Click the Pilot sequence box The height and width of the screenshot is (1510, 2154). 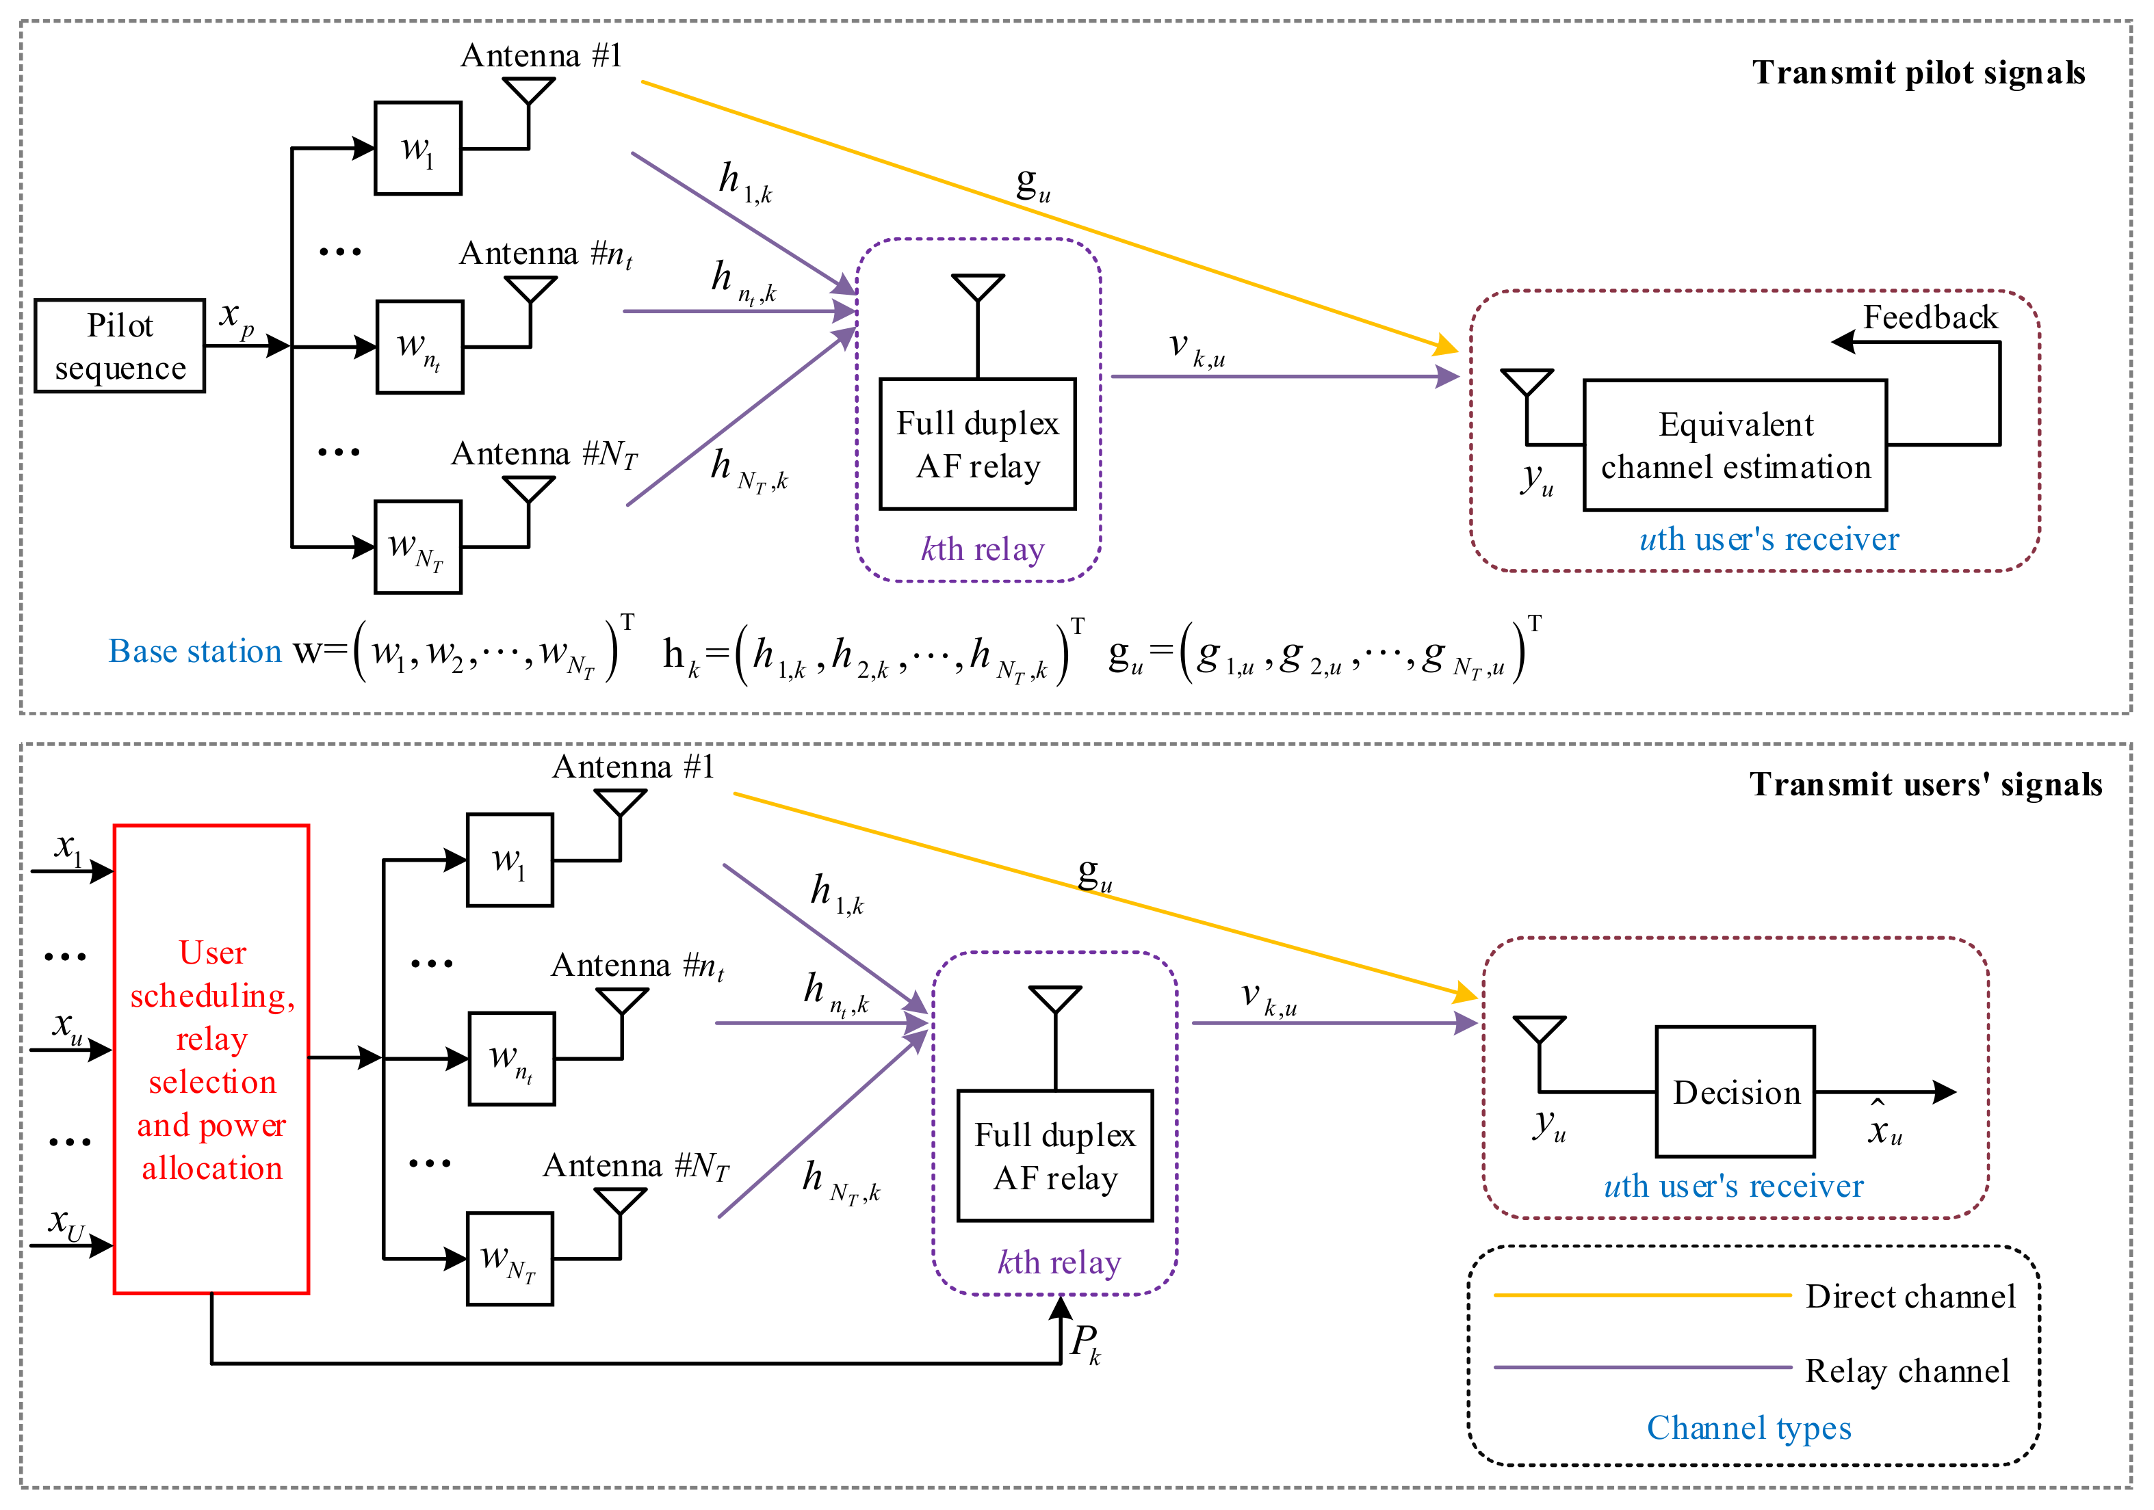[120, 346]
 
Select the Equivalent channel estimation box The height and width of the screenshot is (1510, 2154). [1735, 445]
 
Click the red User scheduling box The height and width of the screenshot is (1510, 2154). [212, 1060]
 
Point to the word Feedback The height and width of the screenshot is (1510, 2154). [1930, 318]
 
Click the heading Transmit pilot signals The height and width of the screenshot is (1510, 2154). [1917, 73]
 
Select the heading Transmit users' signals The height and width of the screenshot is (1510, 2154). [1925, 784]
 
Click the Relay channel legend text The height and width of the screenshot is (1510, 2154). [1906, 1371]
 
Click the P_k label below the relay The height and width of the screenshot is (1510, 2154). [1085, 1343]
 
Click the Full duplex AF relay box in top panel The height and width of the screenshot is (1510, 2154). [978, 445]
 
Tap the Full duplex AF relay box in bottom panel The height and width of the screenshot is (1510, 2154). [1054, 1156]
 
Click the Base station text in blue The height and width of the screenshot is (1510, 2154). [195, 651]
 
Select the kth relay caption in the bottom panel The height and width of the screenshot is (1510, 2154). [1059, 1262]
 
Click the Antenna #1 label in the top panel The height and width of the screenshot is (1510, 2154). [541, 55]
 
